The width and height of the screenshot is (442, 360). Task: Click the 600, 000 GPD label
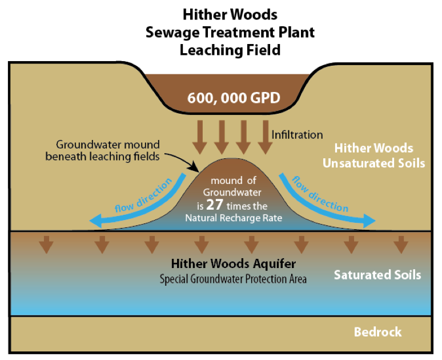pyautogui.click(x=234, y=97)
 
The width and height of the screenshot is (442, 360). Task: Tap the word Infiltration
pyautogui.click(x=297, y=135)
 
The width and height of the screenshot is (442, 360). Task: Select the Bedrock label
pyautogui.click(x=377, y=332)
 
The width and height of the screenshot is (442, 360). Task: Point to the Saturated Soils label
pyautogui.click(x=377, y=275)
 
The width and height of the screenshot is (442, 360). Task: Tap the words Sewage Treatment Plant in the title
pyautogui.click(x=230, y=31)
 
